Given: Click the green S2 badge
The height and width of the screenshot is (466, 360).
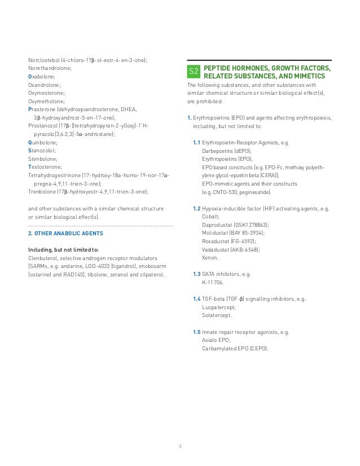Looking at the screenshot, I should click(x=193, y=72).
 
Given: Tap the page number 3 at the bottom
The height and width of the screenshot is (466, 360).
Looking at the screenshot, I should click(x=180, y=447).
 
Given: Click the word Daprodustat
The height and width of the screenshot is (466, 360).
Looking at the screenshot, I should click(x=217, y=225).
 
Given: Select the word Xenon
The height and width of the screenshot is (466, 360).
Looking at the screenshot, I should click(x=209, y=257).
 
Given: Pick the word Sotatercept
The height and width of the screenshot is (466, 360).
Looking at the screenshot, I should click(x=217, y=315).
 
